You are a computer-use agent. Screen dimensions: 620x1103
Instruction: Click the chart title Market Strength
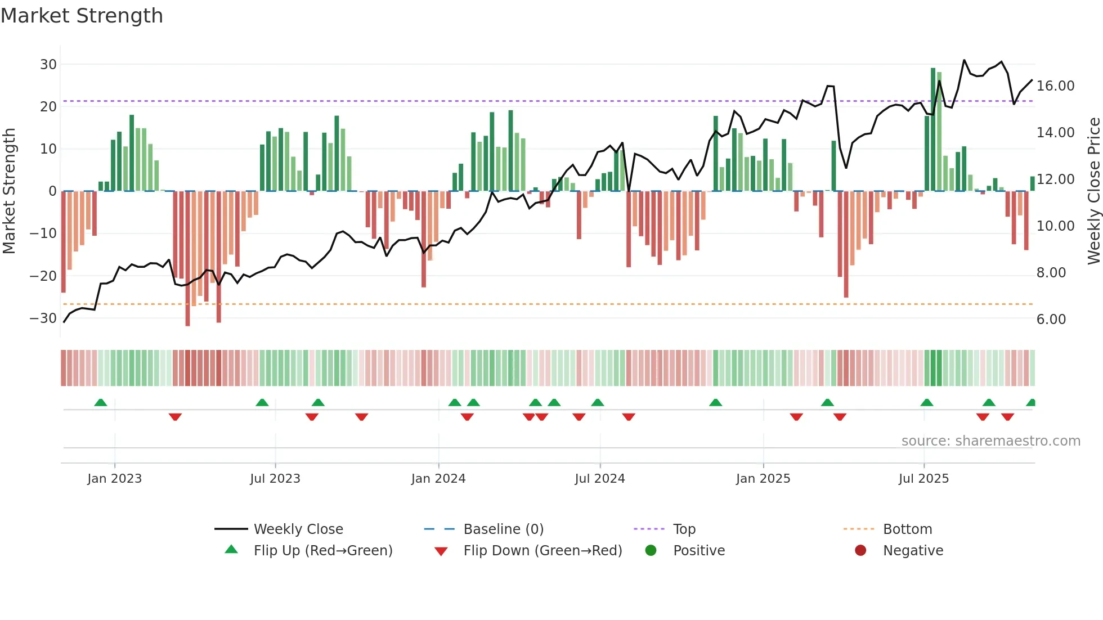[82, 16]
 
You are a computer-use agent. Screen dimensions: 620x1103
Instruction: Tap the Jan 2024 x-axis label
[438, 479]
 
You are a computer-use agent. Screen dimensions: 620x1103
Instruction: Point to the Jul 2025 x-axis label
[923, 479]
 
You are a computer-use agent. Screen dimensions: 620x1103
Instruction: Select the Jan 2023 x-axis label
[115, 479]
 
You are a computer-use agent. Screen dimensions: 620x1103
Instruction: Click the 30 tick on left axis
[48, 65]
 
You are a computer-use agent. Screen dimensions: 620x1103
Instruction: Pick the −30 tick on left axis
[43, 318]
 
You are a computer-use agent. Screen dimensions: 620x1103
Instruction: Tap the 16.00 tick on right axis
[1055, 86]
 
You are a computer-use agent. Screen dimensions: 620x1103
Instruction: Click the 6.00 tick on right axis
[1051, 320]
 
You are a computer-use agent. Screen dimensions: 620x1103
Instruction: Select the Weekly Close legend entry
[298, 529]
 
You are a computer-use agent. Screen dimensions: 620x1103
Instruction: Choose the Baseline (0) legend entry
[503, 529]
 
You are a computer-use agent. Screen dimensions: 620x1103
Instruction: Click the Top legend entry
[684, 529]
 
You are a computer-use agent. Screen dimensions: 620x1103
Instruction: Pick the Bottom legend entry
[907, 529]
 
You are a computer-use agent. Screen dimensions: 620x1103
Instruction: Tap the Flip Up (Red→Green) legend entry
[322, 551]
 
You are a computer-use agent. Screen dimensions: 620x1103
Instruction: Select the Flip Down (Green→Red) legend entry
[542, 551]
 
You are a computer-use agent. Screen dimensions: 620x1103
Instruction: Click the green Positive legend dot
[651, 551]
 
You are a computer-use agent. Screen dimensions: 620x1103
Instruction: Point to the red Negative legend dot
[860, 551]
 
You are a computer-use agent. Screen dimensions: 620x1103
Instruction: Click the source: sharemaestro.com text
[990, 441]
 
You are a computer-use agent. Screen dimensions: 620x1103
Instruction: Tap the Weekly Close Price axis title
[1093, 191]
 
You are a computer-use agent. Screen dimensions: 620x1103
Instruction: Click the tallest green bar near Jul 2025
[933, 129]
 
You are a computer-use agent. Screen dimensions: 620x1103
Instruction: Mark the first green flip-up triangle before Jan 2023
[101, 403]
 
